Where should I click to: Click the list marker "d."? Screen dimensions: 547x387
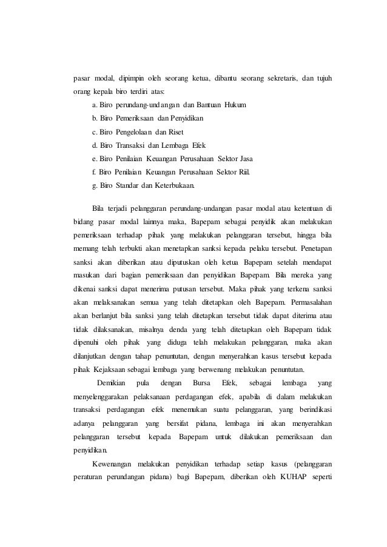95,145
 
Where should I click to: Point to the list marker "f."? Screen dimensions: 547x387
94,172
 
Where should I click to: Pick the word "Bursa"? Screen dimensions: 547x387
200,384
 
